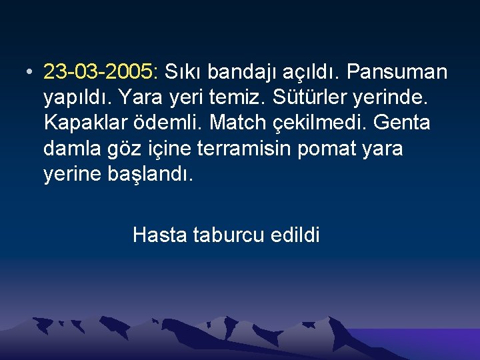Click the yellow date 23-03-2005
pyautogui.click(x=101, y=71)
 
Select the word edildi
pyautogui.click(x=295, y=235)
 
